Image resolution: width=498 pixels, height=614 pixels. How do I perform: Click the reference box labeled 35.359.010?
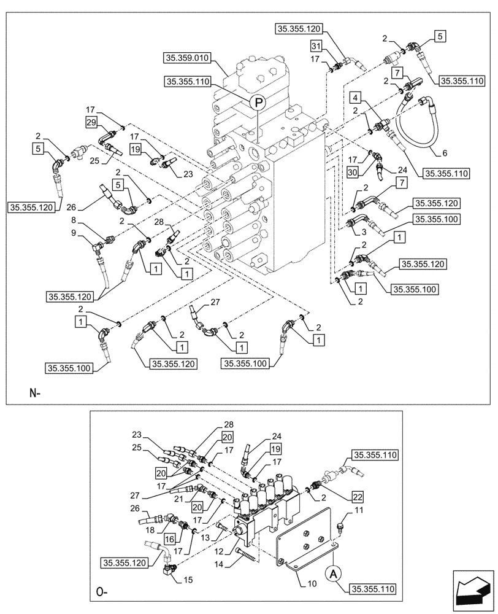click(187, 58)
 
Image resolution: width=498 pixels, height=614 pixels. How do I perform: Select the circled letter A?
click(334, 573)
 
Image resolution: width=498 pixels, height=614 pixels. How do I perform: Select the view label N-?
click(34, 393)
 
